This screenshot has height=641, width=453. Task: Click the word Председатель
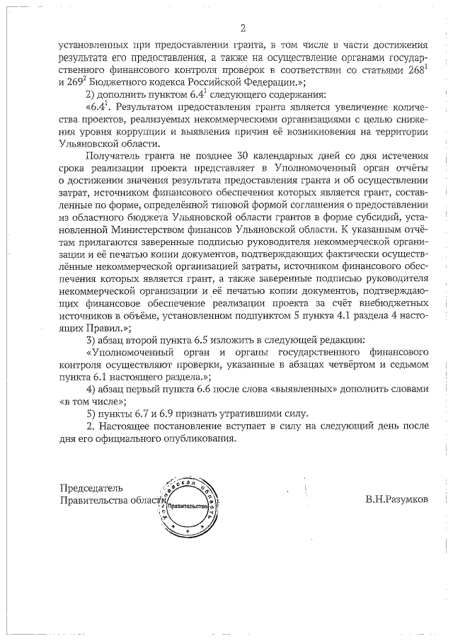tap(91, 488)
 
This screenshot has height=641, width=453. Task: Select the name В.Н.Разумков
tap(396, 500)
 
